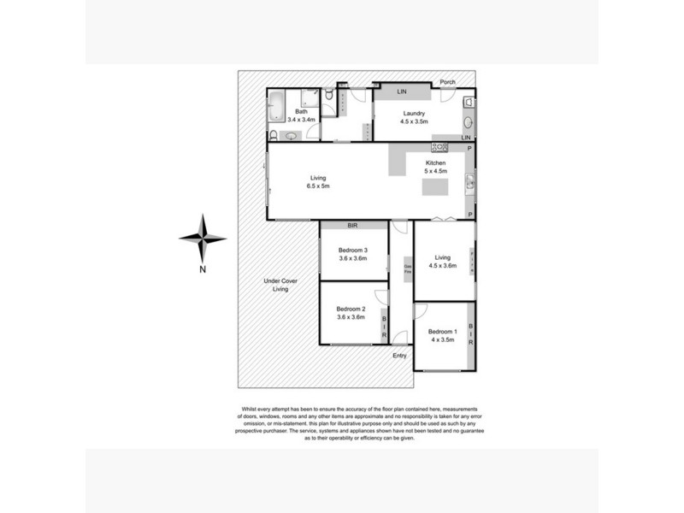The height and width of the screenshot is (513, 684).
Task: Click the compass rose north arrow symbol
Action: [x=203, y=239]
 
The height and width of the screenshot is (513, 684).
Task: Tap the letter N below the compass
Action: [x=203, y=271]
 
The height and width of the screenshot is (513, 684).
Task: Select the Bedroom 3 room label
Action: [x=352, y=254]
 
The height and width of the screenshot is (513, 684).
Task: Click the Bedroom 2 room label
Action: [x=351, y=312]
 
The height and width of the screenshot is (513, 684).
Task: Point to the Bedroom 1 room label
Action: [x=443, y=335]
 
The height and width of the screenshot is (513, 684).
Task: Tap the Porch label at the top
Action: [x=448, y=83]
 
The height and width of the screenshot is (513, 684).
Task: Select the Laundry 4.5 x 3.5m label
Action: [x=414, y=117]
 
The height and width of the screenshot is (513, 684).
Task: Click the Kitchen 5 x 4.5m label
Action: [x=437, y=168]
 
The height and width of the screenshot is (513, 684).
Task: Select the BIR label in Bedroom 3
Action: [x=352, y=226]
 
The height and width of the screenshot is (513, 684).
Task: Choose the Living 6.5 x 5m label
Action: [x=320, y=182]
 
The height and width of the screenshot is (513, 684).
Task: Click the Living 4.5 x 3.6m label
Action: [x=443, y=262]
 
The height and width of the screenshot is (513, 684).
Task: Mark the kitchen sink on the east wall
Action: [x=469, y=181]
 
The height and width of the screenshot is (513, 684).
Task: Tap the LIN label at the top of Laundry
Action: [x=400, y=91]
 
